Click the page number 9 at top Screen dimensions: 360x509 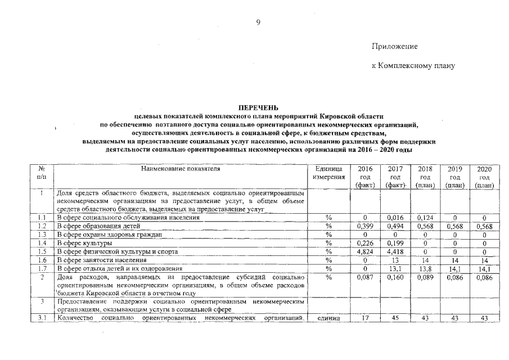tap(258, 22)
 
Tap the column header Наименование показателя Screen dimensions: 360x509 tap(181, 168)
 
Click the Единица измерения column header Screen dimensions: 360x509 tap(329, 173)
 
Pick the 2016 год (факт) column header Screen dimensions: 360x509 tap(364, 177)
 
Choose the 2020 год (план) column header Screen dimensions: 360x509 tap(484, 177)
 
